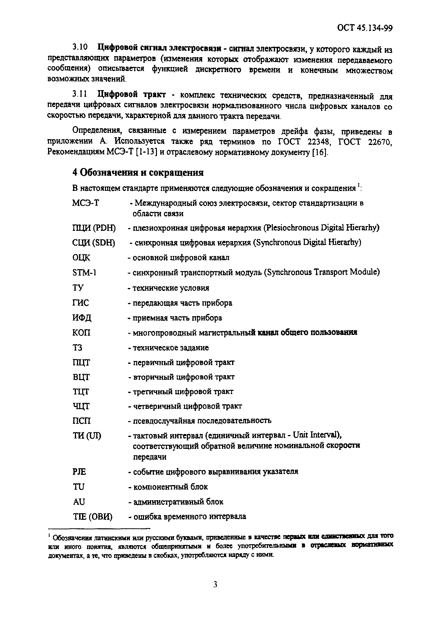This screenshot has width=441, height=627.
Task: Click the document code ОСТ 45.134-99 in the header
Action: click(x=365, y=28)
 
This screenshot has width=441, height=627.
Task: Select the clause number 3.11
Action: click(x=79, y=94)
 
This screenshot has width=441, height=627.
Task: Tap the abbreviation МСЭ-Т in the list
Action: click(x=85, y=203)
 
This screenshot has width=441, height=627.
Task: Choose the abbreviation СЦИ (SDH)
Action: click(x=94, y=243)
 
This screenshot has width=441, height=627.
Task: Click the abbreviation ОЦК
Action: click(x=81, y=257)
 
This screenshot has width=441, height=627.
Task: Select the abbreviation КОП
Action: click(x=81, y=333)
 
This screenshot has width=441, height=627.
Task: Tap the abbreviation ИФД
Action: click(x=82, y=318)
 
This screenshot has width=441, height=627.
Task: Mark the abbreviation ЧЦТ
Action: click(x=81, y=406)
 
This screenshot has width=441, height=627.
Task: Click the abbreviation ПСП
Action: click(x=82, y=421)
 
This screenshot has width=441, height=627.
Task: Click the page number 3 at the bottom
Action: click(x=215, y=584)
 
